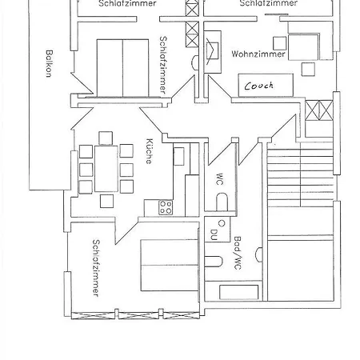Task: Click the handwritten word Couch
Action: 259,86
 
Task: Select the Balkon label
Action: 49,63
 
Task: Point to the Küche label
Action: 149,151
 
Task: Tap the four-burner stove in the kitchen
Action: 166,207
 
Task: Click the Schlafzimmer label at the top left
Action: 128,4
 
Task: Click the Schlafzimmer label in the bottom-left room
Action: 95,268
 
